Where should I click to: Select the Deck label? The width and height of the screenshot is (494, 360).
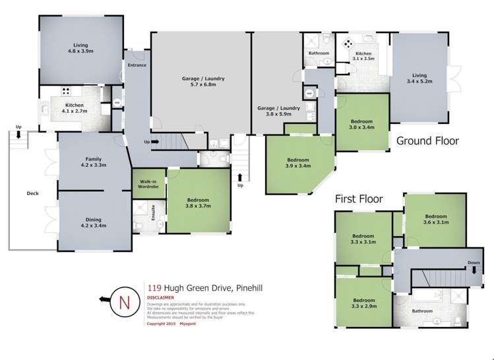33,193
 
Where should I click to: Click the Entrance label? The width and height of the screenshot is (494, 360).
137,65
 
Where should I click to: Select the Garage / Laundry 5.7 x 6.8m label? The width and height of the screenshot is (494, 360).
202,81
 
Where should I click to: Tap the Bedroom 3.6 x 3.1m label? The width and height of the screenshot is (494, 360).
436,219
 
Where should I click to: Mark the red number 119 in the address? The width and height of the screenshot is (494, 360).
154,287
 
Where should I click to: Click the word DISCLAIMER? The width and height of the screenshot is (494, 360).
159,297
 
